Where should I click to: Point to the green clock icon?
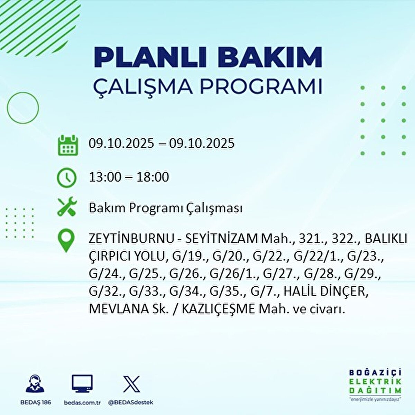click(66, 177)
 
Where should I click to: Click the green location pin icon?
click(66, 241)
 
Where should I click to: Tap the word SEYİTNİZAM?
click(221, 239)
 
